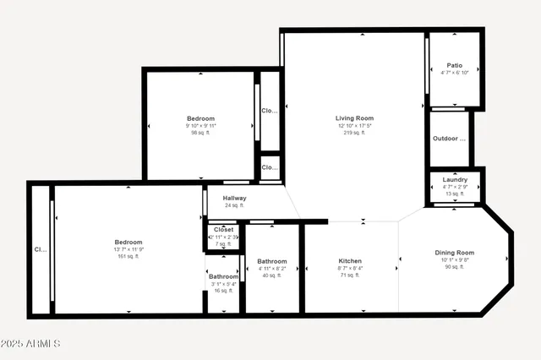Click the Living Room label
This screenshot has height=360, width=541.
click(354, 118)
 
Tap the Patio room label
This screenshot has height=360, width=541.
click(455, 65)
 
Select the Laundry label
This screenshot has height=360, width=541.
click(455, 180)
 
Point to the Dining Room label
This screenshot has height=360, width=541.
click(455, 253)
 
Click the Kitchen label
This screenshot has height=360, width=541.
click(350, 261)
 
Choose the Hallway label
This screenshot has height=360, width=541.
click(234, 199)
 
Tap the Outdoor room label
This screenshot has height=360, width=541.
click(450, 139)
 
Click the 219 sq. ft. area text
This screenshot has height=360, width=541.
click(354, 133)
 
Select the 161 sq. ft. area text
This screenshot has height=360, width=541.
click(129, 256)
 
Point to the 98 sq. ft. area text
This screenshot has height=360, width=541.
click(200, 133)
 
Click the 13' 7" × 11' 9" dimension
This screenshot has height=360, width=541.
click(129, 249)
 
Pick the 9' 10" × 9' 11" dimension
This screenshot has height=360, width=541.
click(200, 126)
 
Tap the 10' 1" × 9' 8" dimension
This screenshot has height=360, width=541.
click(455, 260)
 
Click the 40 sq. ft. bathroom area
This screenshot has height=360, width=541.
click(272, 275)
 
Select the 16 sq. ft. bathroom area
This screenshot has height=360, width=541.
click(223, 291)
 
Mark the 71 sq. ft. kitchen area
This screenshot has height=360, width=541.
click(350, 275)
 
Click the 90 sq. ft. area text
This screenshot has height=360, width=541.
click(455, 267)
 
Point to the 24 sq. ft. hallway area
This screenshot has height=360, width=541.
click(234, 205)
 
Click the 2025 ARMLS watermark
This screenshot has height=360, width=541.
click(31, 344)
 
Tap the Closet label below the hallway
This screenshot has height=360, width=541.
click(223, 229)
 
